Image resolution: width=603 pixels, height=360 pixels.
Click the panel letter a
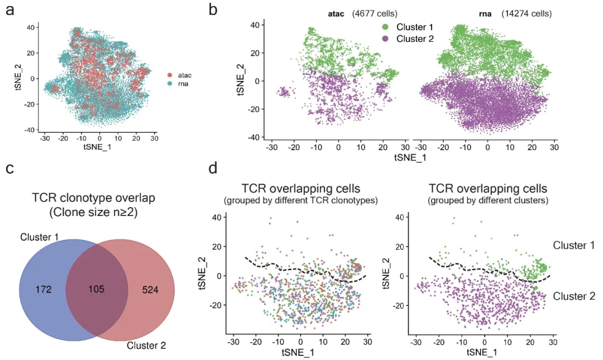pos(9,11)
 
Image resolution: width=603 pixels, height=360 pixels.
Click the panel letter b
pos(213,9)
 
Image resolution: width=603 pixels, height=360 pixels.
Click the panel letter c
pos(9,169)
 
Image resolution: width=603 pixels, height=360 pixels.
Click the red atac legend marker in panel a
pos(170,74)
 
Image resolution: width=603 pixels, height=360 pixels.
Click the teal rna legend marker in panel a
pos(170,84)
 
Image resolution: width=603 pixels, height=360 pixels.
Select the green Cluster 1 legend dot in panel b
pos(385,27)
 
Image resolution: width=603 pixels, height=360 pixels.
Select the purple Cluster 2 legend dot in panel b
pos(385,39)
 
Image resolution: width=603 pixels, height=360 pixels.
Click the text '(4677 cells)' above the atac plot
pos(375,12)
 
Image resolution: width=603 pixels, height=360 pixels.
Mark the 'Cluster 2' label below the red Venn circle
pos(146,345)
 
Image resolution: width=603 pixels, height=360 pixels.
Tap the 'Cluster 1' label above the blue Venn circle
pos(40,237)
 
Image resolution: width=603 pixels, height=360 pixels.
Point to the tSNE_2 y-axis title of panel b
pos(240,80)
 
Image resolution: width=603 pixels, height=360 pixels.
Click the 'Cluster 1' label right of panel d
pos(573,245)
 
